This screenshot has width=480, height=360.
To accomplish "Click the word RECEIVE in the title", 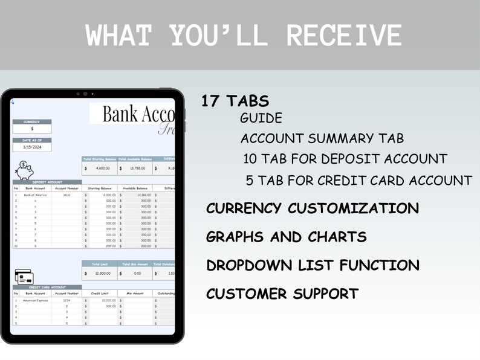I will [x=343, y=36].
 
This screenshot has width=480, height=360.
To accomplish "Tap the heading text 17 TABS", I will [x=235, y=101].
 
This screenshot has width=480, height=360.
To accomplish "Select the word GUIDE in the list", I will [x=261, y=118].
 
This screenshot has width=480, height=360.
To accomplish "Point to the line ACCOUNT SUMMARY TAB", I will [x=322, y=138].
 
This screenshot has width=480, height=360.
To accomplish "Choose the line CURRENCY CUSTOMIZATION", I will [x=312, y=208].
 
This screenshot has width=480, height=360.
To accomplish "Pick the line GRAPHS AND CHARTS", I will [x=286, y=237].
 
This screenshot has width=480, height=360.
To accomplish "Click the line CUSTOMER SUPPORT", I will [x=282, y=294].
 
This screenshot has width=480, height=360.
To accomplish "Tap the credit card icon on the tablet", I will [x=24, y=277].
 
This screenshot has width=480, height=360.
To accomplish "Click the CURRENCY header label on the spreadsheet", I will [x=32, y=121].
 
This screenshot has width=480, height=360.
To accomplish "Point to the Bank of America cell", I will [x=35, y=195].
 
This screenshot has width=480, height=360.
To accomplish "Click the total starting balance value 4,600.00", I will [x=101, y=169].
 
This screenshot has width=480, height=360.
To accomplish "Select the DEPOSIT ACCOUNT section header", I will [x=47, y=182].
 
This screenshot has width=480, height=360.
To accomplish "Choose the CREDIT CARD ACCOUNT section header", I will [x=47, y=288].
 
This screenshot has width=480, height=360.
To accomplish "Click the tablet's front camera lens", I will [x=85, y=94].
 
